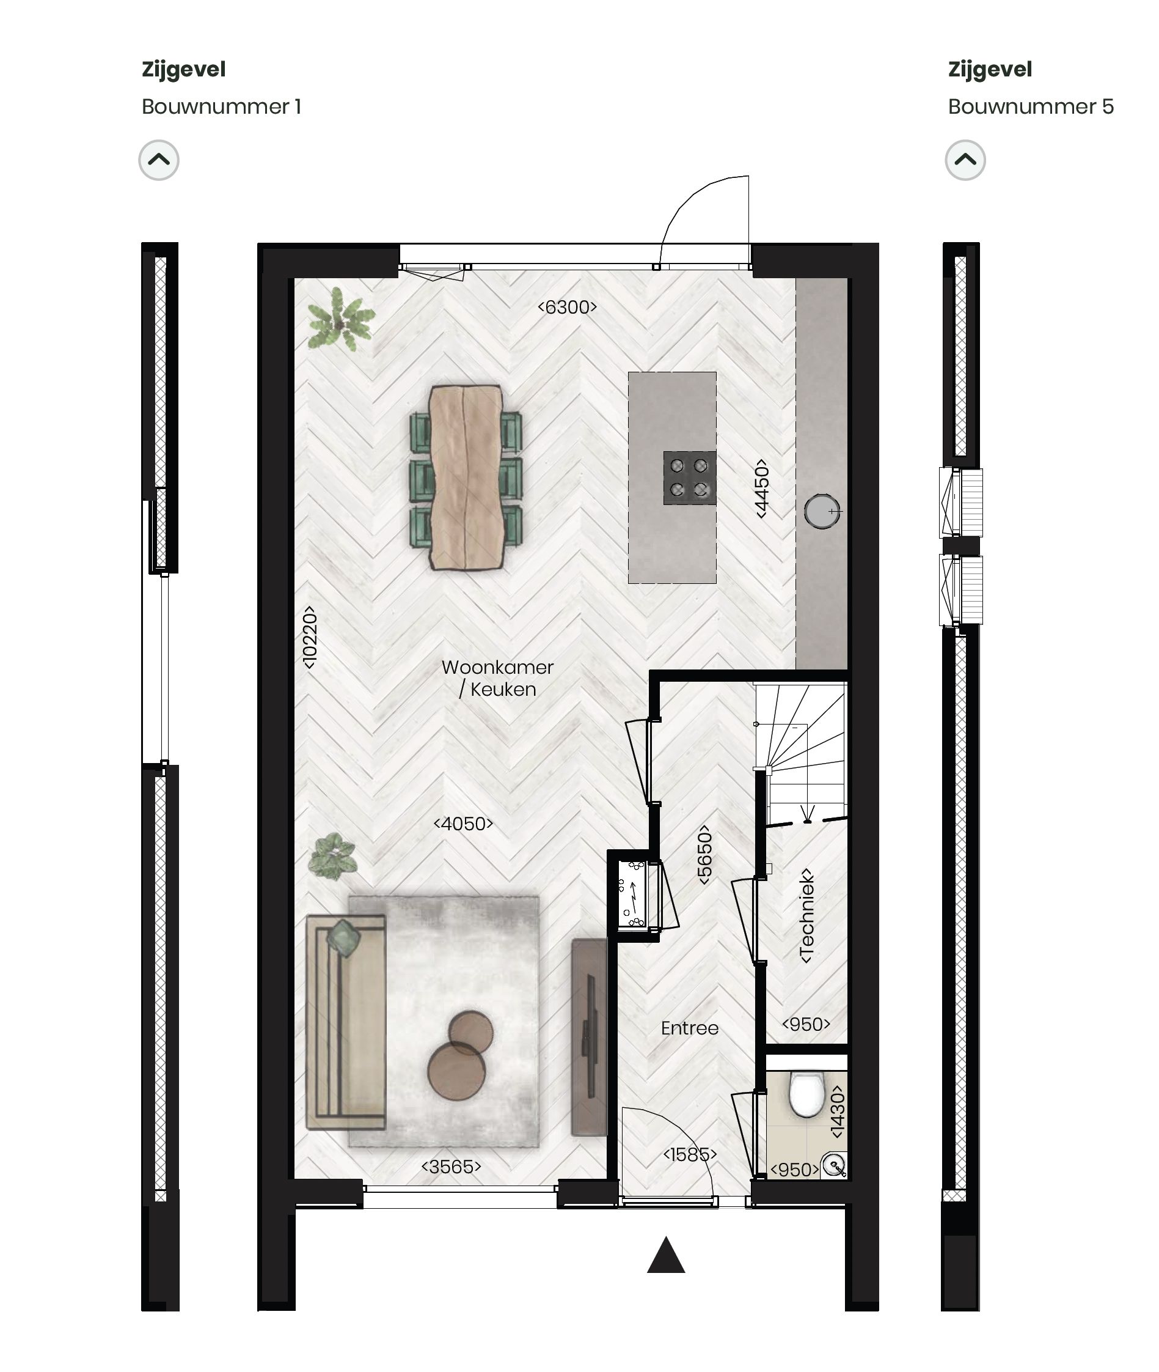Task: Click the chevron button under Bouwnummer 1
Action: coord(159,160)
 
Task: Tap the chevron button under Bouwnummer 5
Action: coord(965,160)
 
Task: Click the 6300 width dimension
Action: coord(567,307)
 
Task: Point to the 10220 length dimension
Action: coord(310,637)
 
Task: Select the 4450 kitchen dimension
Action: coord(761,489)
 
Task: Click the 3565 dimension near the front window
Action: coord(452,1166)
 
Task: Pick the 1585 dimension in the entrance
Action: coord(689,1154)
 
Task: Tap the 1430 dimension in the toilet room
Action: coord(837,1111)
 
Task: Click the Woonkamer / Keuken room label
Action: coord(497,678)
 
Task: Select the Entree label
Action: coord(689,1028)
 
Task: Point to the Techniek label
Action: coord(807,916)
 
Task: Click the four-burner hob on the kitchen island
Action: coord(689,478)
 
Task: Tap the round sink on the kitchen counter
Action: coord(821,511)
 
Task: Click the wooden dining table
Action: coord(465,477)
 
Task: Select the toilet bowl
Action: coord(805,1094)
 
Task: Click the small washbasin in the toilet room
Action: coord(835,1165)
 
